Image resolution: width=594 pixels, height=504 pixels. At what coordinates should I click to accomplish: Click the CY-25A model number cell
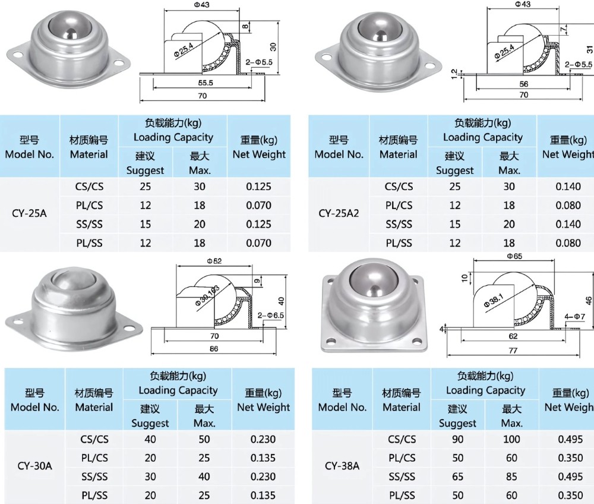click(x=29, y=214)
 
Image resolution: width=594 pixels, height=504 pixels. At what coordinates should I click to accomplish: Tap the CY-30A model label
click(x=35, y=467)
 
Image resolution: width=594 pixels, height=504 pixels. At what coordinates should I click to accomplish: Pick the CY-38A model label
click(x=342, y=467)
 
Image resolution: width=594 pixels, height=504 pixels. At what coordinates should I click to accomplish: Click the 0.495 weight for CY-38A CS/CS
click(x=571, y=440)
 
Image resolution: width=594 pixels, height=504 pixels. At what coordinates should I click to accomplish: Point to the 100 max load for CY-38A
click(x=511, y=440)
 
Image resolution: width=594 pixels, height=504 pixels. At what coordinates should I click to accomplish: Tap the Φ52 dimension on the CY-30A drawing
click(x=214, y=260)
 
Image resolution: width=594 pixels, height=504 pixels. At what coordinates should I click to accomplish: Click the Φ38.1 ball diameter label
click(x=494, y=297)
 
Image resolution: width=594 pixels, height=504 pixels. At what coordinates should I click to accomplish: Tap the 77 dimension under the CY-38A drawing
click(x=513, y=351)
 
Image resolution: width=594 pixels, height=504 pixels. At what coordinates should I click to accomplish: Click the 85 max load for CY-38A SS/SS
click(x=511, y=477)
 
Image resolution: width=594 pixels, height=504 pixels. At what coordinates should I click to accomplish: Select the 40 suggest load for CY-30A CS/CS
click(x=150, y=440)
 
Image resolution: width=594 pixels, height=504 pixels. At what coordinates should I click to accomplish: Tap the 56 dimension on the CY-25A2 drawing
click(x=523, y=84)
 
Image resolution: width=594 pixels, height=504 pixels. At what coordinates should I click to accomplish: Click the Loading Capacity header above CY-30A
click(x=178, y=390)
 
